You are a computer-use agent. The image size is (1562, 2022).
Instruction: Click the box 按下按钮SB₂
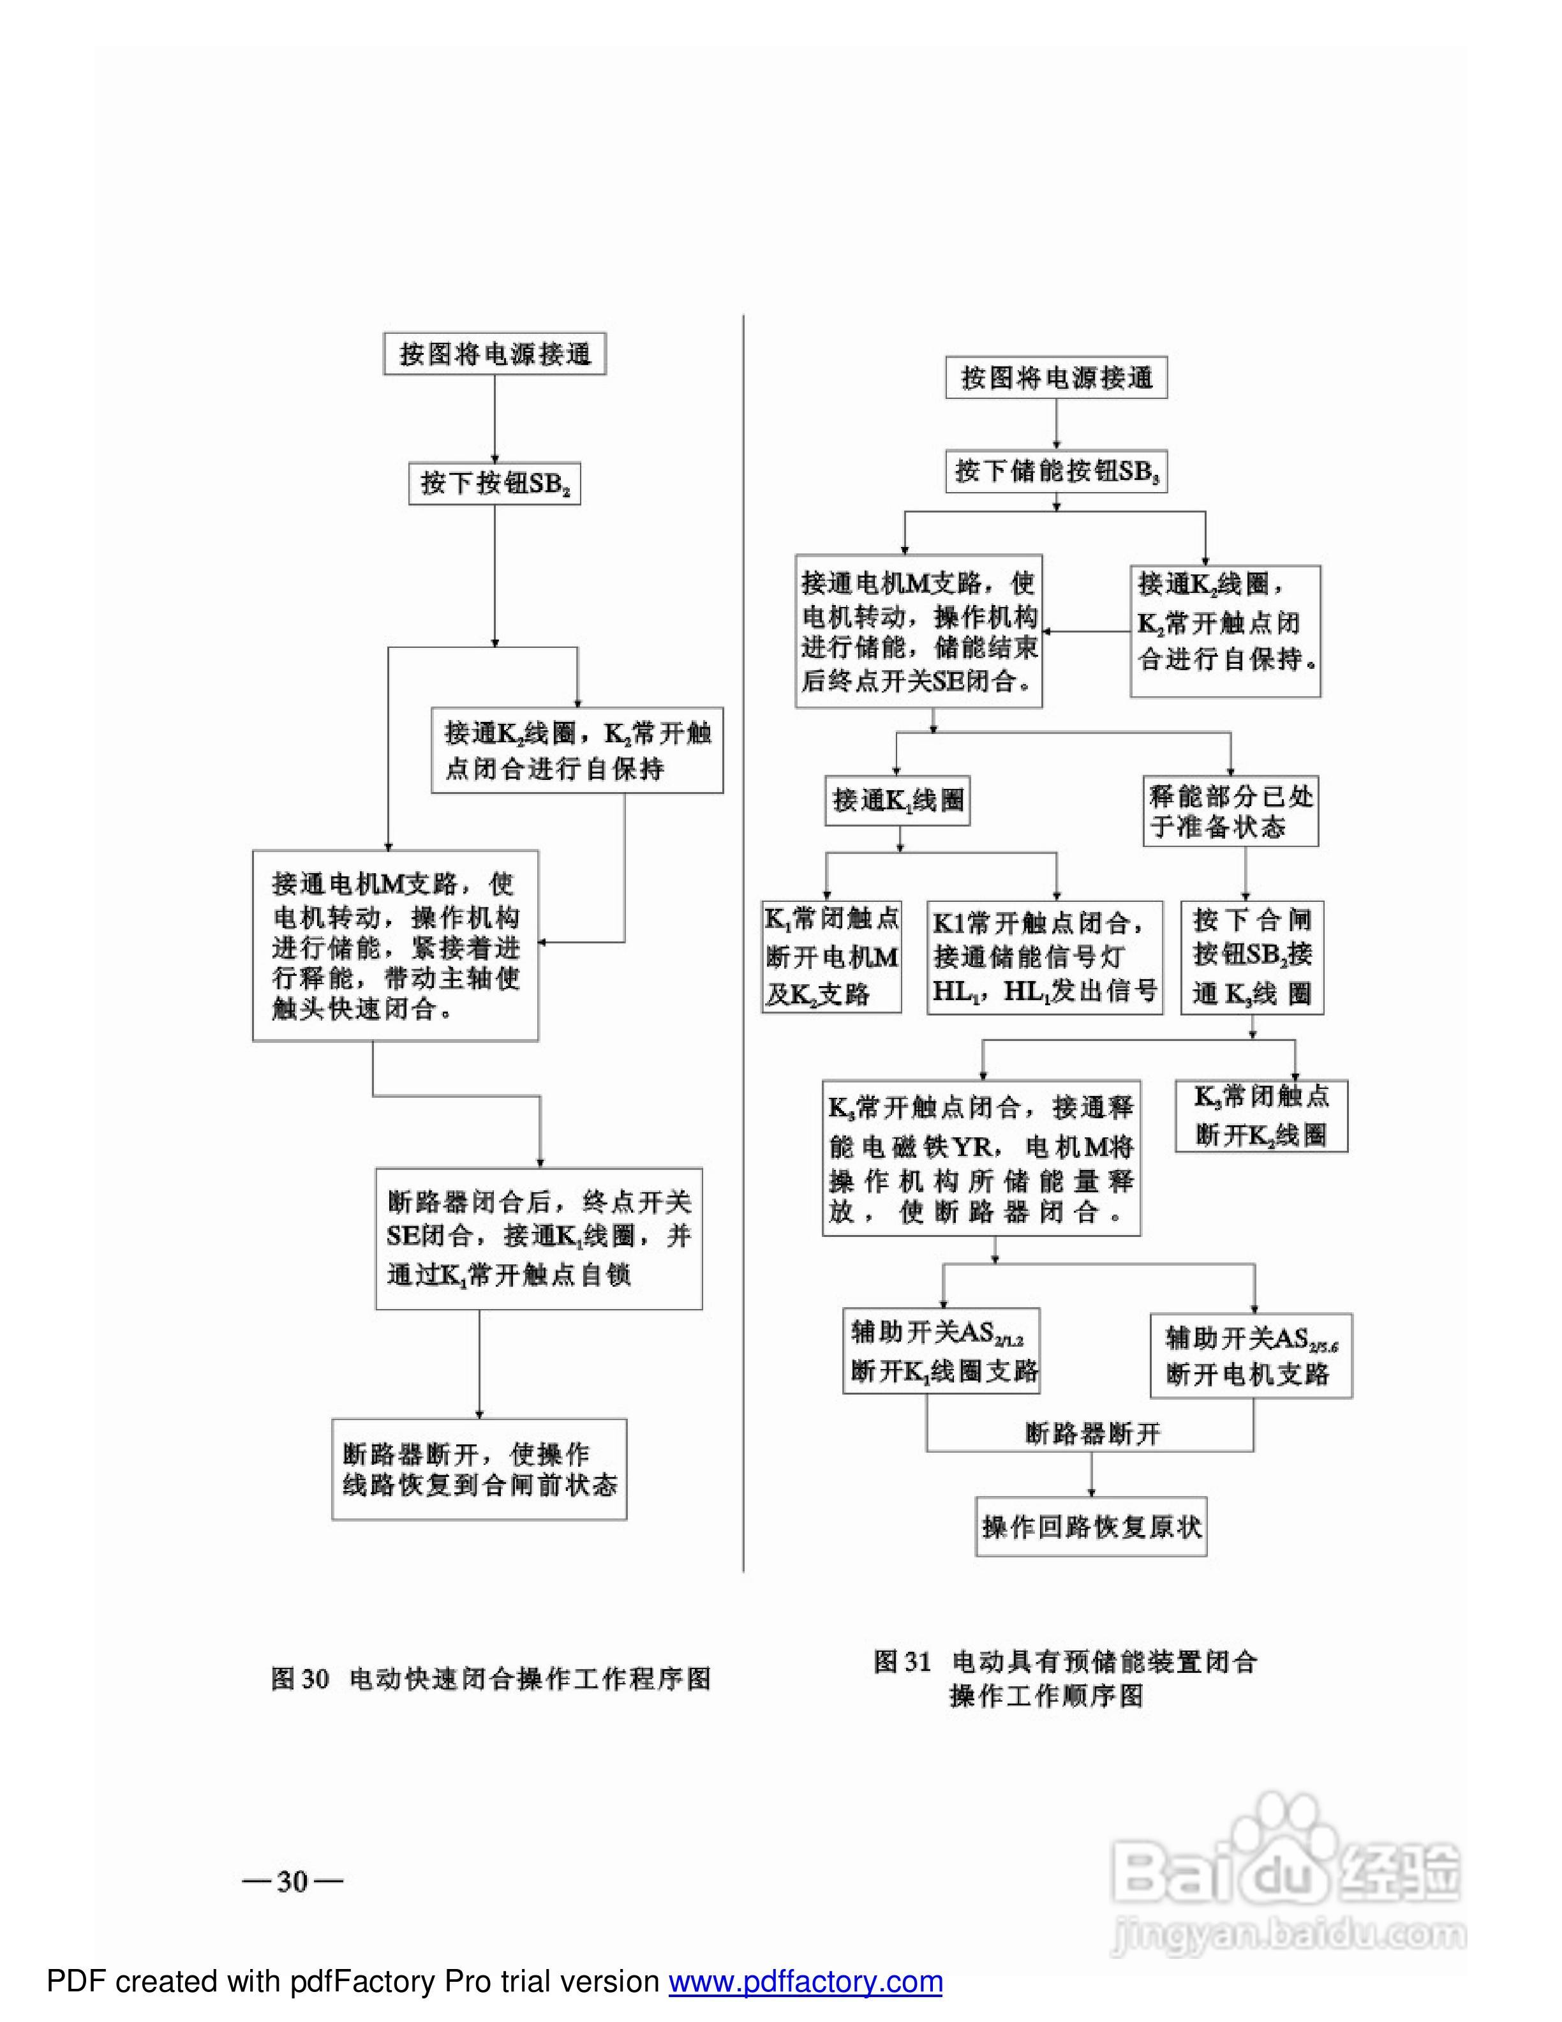point(494,483)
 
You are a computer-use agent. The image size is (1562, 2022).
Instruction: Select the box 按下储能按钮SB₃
point(1056,471)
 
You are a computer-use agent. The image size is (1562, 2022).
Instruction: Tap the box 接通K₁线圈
point(898,800)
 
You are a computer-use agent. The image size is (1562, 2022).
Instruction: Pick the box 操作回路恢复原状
point(1091,1527)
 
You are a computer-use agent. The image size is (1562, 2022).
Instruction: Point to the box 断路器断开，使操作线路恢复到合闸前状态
point(479,1469)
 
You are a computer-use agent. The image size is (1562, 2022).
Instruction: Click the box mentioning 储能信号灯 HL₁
point(1045,957)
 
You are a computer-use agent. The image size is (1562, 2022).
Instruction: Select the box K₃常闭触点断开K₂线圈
point(1261,1116)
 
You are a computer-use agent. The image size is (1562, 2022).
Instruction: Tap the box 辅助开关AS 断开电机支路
point(1251,1356)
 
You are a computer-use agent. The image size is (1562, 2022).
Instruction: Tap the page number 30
point(292,1880)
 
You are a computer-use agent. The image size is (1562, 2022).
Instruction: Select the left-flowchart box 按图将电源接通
point(494,355)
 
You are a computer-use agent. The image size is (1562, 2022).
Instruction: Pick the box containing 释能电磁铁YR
point(981,1158)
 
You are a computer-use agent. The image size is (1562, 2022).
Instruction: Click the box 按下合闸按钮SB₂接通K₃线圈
point(1251,957)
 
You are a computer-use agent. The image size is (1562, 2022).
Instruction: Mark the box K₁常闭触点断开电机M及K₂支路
point(831,957)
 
